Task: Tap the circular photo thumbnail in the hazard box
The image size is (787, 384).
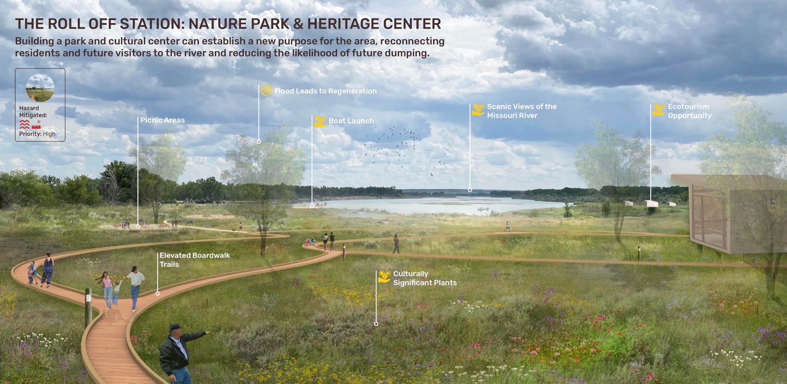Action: [40, 87]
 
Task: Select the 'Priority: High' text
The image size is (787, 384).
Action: [37, 134]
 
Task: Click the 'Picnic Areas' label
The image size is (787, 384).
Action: [162, 120]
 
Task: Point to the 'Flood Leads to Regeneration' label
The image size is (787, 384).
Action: [325, 91]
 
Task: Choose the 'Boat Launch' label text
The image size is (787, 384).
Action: [351, 121]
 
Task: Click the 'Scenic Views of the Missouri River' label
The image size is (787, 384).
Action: [521, 111]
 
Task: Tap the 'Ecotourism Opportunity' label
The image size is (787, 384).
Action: [689, 111]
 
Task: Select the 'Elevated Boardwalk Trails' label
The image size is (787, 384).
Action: [194, 260]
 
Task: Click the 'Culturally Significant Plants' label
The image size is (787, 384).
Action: [425, 278]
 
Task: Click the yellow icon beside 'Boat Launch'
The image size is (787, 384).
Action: [320, 121]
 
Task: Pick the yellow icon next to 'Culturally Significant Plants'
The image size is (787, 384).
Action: [384, 277]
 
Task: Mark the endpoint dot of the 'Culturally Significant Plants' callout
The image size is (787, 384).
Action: [376, 324]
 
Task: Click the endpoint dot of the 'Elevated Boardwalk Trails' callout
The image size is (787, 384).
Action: [157, 293]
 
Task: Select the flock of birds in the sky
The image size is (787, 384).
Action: [398, 146]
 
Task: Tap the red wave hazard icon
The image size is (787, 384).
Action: [25, 125]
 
